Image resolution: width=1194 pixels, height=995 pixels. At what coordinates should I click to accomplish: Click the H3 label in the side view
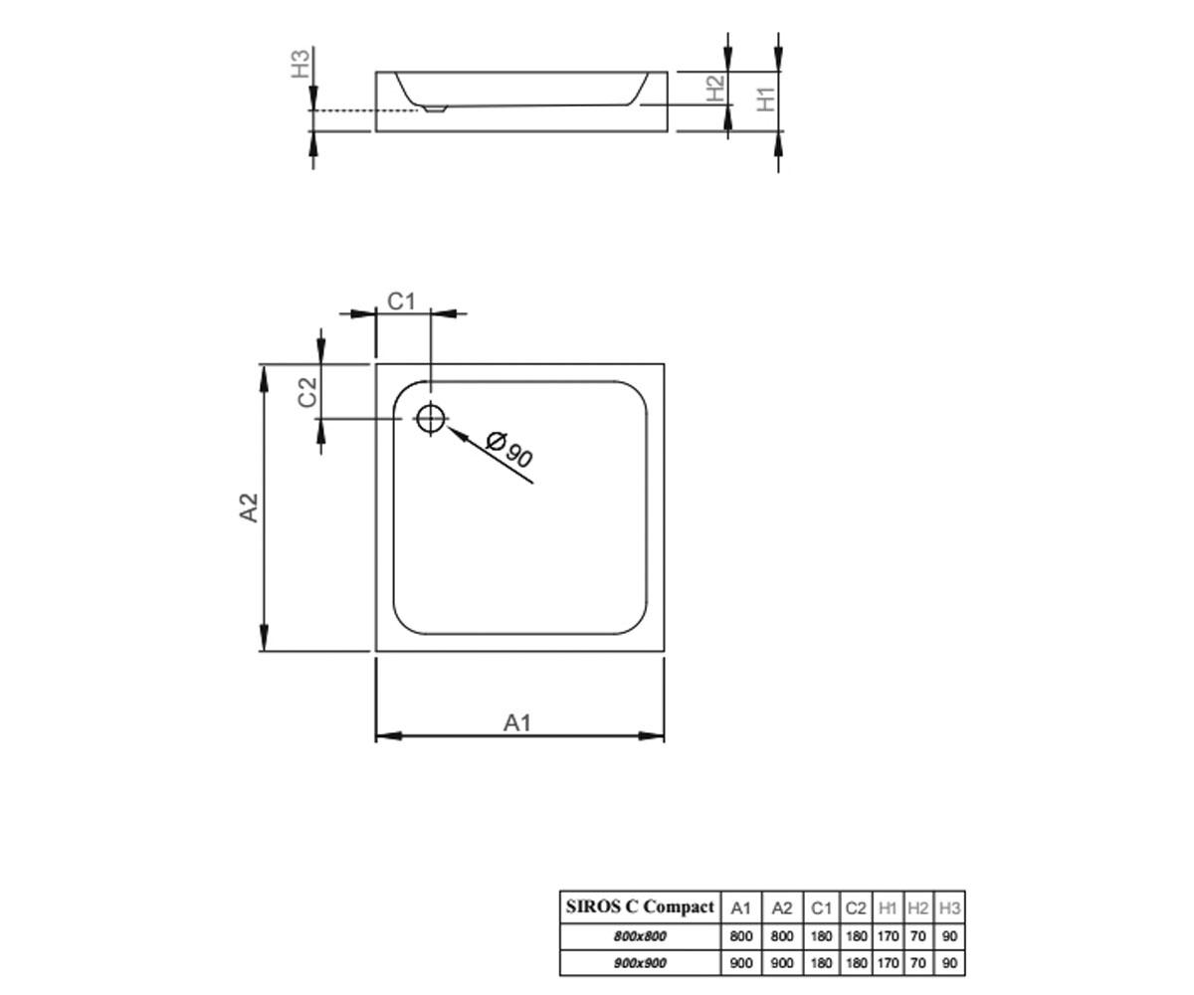300,64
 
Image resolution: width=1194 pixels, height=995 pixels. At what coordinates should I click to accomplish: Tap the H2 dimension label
715,89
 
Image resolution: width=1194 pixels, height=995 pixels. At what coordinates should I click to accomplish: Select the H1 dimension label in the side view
766,99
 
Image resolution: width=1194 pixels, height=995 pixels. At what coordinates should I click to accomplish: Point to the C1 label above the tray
401,301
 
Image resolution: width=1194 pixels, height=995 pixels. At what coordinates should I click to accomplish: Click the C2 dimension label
307,392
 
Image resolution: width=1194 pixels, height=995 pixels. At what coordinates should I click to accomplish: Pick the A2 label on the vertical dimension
249,507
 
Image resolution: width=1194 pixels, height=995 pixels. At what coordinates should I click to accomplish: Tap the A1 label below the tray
517,723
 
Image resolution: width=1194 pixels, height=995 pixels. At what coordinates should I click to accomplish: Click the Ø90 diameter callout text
508,450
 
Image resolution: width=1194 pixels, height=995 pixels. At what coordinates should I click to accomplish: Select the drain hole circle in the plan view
431,419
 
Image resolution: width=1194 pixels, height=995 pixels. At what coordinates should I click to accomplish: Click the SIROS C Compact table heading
640,906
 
